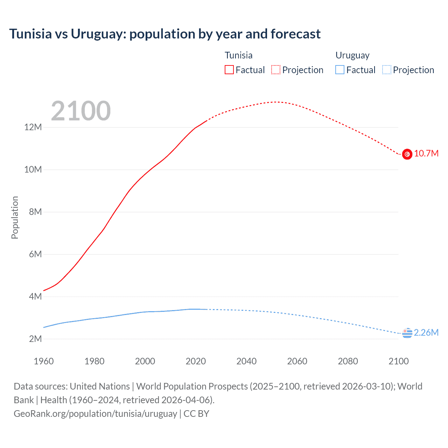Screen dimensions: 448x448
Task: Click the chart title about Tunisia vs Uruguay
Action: tap(164, 34)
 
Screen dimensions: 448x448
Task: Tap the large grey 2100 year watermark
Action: tap(81, 111)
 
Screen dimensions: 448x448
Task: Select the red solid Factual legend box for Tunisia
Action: tap(229, 70)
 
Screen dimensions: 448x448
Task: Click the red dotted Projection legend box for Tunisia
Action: tap(276, 70)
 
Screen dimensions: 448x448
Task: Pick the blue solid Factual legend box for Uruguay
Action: tap(340, 70)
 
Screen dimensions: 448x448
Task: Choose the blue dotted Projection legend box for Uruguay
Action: tap(387, 70)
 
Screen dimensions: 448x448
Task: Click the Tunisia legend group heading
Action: tap(238, 55)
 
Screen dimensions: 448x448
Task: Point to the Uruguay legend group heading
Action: tap(352, 55)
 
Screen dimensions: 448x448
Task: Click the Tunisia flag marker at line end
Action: tap(407, 154)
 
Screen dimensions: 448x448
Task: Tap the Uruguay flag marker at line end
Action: tap(407, 333)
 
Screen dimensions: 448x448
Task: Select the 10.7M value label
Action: tap(426, 154)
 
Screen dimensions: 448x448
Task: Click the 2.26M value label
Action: tap(426, 332)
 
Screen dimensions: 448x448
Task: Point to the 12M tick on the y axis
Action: tap(33, 127)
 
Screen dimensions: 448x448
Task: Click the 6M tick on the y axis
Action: tap(35, 254)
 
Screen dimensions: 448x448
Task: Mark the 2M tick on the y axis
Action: tap(35, 339)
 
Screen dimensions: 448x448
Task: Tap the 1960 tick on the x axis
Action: tap(44, 361)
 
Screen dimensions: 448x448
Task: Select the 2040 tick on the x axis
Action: tap(246, 361)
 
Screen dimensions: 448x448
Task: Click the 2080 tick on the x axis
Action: tap(348, 361)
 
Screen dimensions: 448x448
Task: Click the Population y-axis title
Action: tap(15, 217)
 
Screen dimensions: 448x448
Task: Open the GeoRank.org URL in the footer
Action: tap(95, 414)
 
